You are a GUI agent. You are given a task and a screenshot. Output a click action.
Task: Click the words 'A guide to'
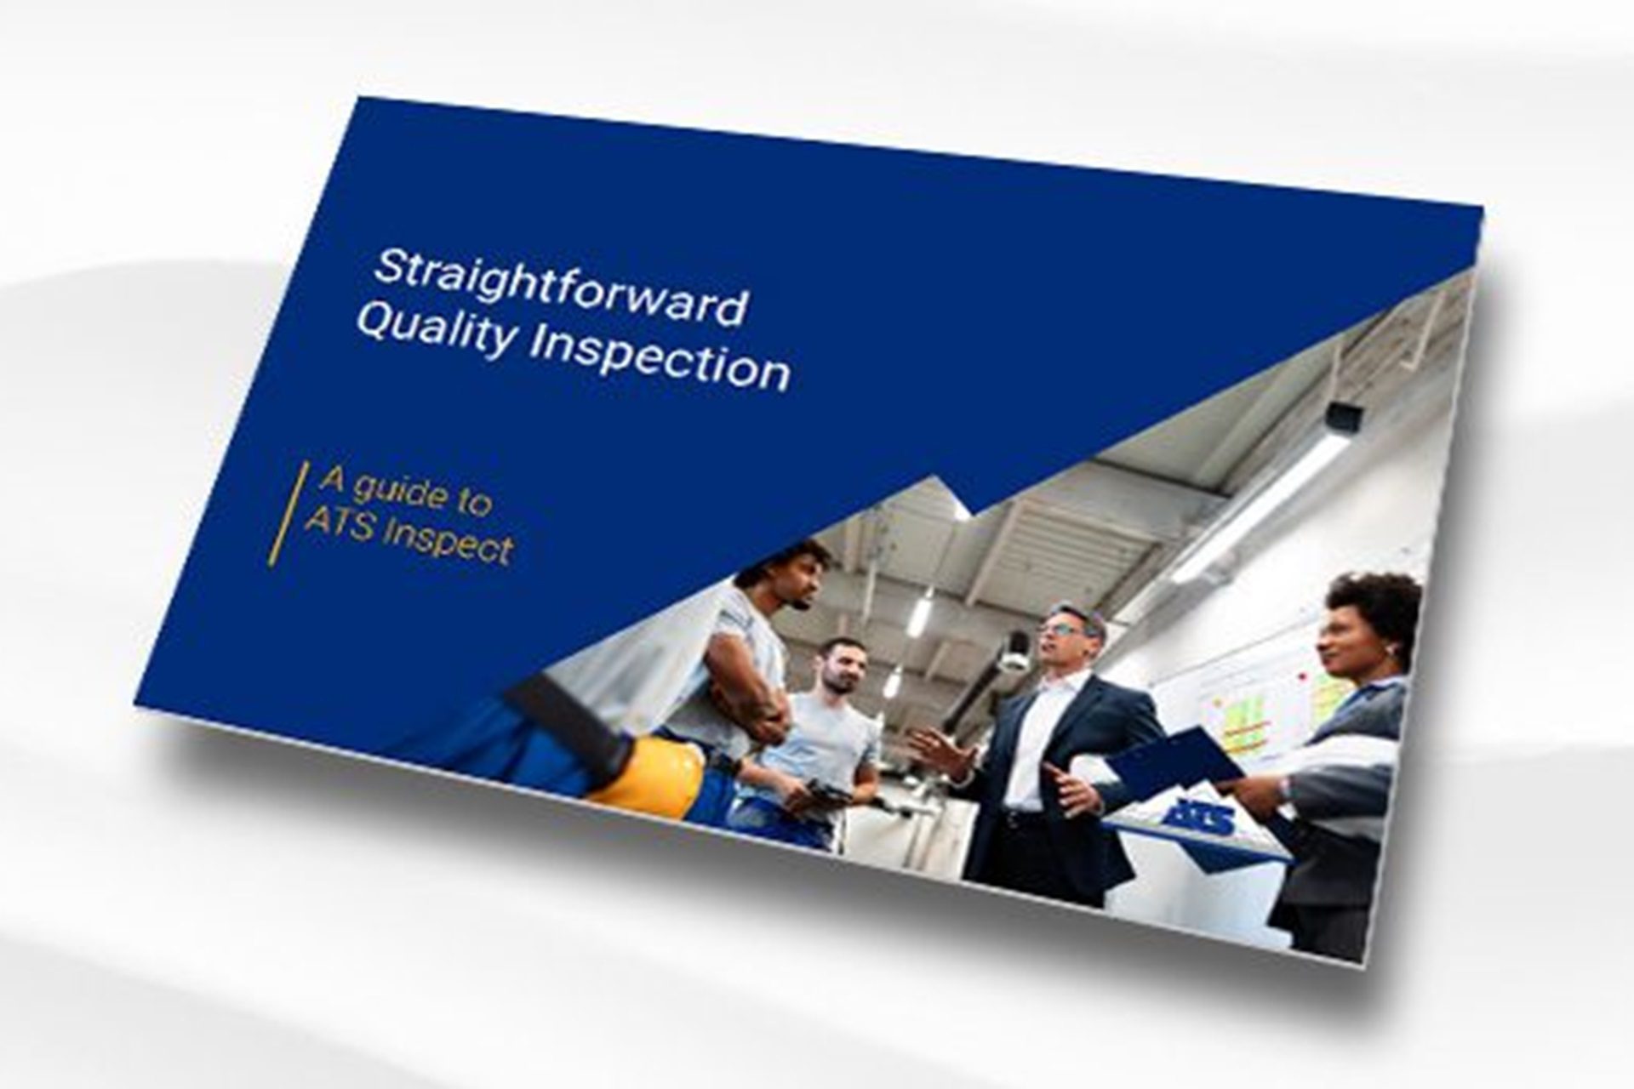[x=405, y=494]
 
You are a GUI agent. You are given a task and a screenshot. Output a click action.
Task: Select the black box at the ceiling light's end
[x=1342, y=418]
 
